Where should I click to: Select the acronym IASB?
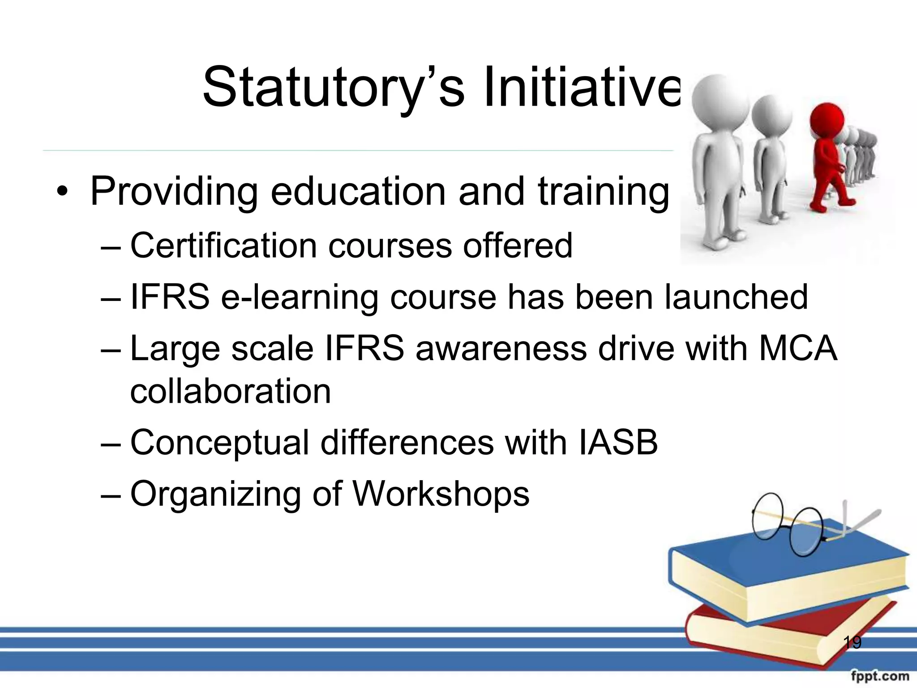pyautogui.click(x=618, y=443)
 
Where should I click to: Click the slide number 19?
pyautogui.click(x=852, y=643)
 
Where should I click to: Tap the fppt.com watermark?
pyautogui.click(x=880, y=676)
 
